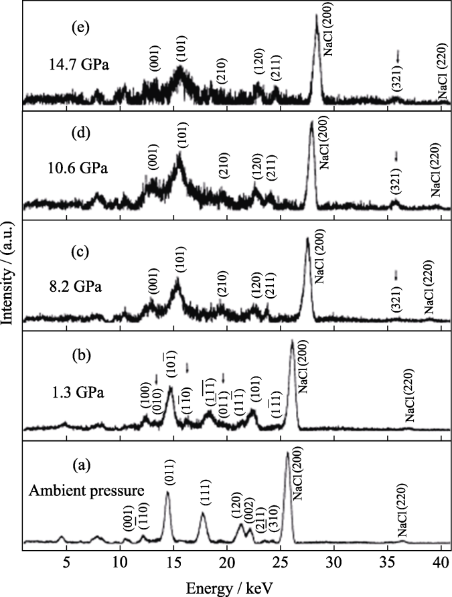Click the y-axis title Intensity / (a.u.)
[9, 279]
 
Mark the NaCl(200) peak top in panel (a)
[287, 454]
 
